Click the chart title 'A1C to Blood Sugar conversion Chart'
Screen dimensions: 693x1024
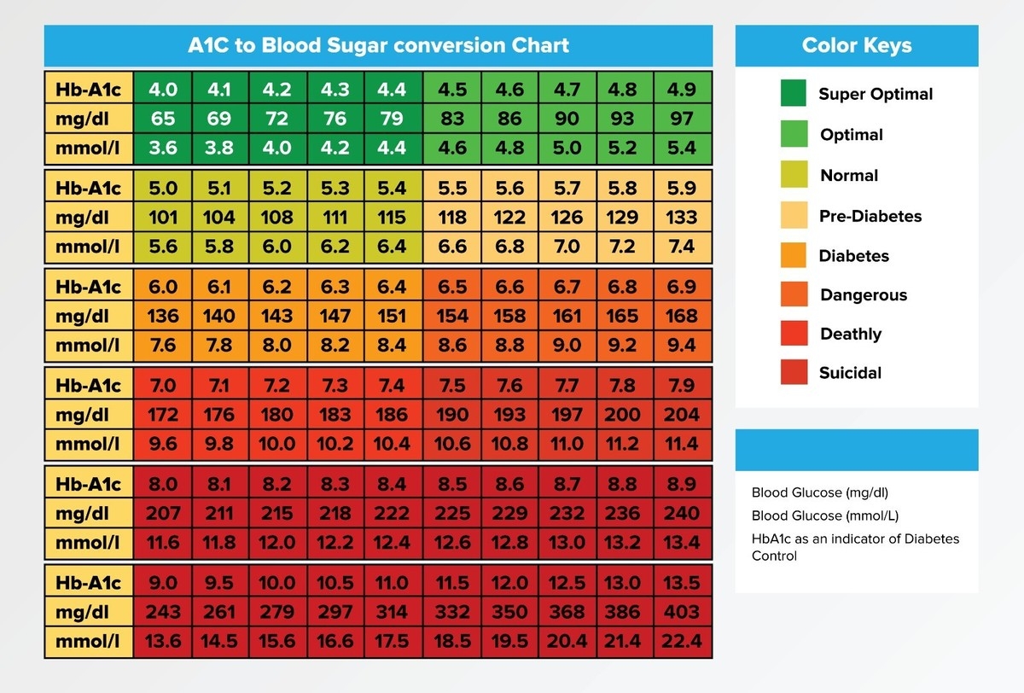378,45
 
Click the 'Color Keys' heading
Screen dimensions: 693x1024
856,45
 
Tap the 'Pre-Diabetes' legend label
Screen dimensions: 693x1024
870,216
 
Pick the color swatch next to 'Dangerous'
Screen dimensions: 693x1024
794,294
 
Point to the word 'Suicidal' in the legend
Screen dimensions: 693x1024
850,373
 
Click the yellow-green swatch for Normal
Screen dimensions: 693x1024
794,175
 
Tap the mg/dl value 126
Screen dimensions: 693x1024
567,218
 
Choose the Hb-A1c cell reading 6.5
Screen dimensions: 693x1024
452,287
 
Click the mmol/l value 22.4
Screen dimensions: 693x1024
682,641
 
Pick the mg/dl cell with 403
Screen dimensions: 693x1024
682,612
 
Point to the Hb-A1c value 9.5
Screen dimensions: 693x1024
220,583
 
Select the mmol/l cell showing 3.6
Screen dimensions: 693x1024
163,148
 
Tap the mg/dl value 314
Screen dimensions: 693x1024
393,612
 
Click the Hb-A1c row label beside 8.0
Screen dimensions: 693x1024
89,484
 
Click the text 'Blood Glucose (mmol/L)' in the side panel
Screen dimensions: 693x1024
824,515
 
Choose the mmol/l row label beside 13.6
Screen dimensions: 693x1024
89,641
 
